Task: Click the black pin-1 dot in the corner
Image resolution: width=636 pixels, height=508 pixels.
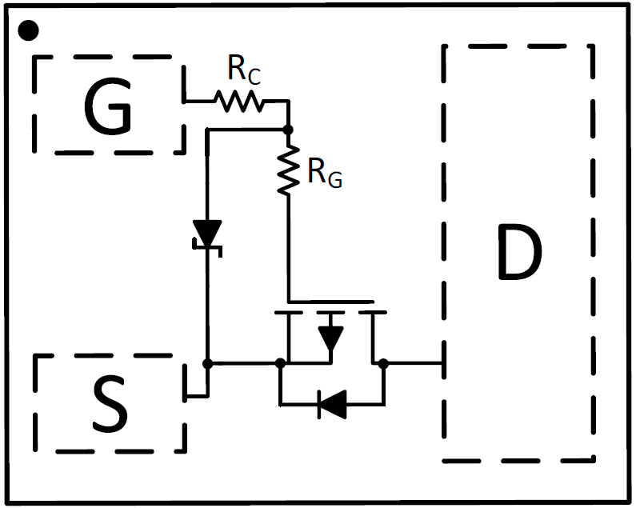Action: pyautogui.click(x=28, y=30)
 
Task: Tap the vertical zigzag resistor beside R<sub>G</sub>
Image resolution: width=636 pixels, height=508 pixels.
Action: pyautogui.click(x=288, y=169)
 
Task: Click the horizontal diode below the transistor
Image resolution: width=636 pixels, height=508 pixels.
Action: pyautogui.click(x=331, y=404)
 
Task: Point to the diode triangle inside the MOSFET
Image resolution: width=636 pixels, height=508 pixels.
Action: pyautogui.click(x=330, y=337)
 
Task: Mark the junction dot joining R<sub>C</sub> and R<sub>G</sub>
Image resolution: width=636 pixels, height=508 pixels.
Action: pyautogui.click(x=288, y=129)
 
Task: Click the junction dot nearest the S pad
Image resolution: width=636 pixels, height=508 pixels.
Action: pyautogui.click(x=208, y=363)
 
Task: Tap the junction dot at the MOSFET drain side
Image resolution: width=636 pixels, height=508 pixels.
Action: pyautogui.click(x=383, y=363)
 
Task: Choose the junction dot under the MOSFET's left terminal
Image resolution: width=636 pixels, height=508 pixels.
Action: pyautogui.click(x=279, y=363)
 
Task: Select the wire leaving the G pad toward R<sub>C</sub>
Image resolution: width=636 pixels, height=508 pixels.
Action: pyautogui.click(x=197, y=101)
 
